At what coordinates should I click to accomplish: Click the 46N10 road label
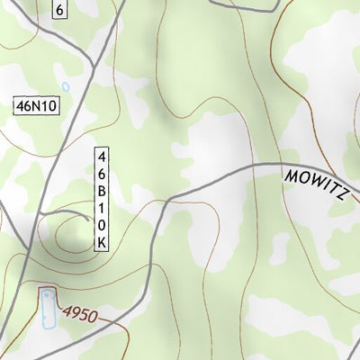click(37, 106)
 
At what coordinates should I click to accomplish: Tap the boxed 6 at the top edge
click(58, 10)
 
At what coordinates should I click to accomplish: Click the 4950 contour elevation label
click(80, 315)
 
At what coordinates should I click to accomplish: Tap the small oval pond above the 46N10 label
click(64, 87)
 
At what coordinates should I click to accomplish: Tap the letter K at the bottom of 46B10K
click(103, 243)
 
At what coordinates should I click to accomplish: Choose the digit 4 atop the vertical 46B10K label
click(103, 155)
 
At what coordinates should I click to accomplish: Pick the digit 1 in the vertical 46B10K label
click(103, 208)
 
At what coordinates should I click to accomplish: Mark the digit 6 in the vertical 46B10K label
click(103, 172)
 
